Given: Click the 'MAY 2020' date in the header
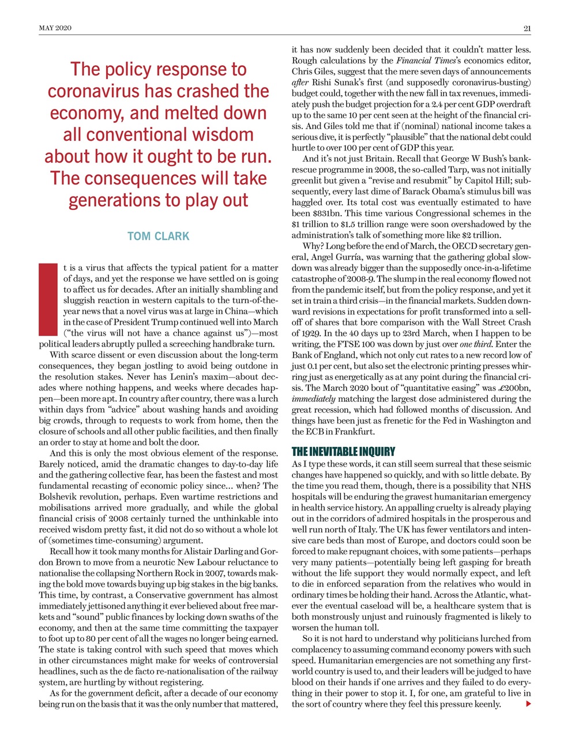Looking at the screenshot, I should pyautogui.click(x=55, y=28).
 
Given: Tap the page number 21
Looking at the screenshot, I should pyautogui.click(x=527, y=28).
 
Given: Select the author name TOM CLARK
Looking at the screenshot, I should pyautogui.click(x=158, y=236).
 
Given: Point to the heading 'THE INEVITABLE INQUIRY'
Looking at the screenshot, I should pyautogui.click(x=343, y=451).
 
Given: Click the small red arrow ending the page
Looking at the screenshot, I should pyautogui.click(x=528, y=704).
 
